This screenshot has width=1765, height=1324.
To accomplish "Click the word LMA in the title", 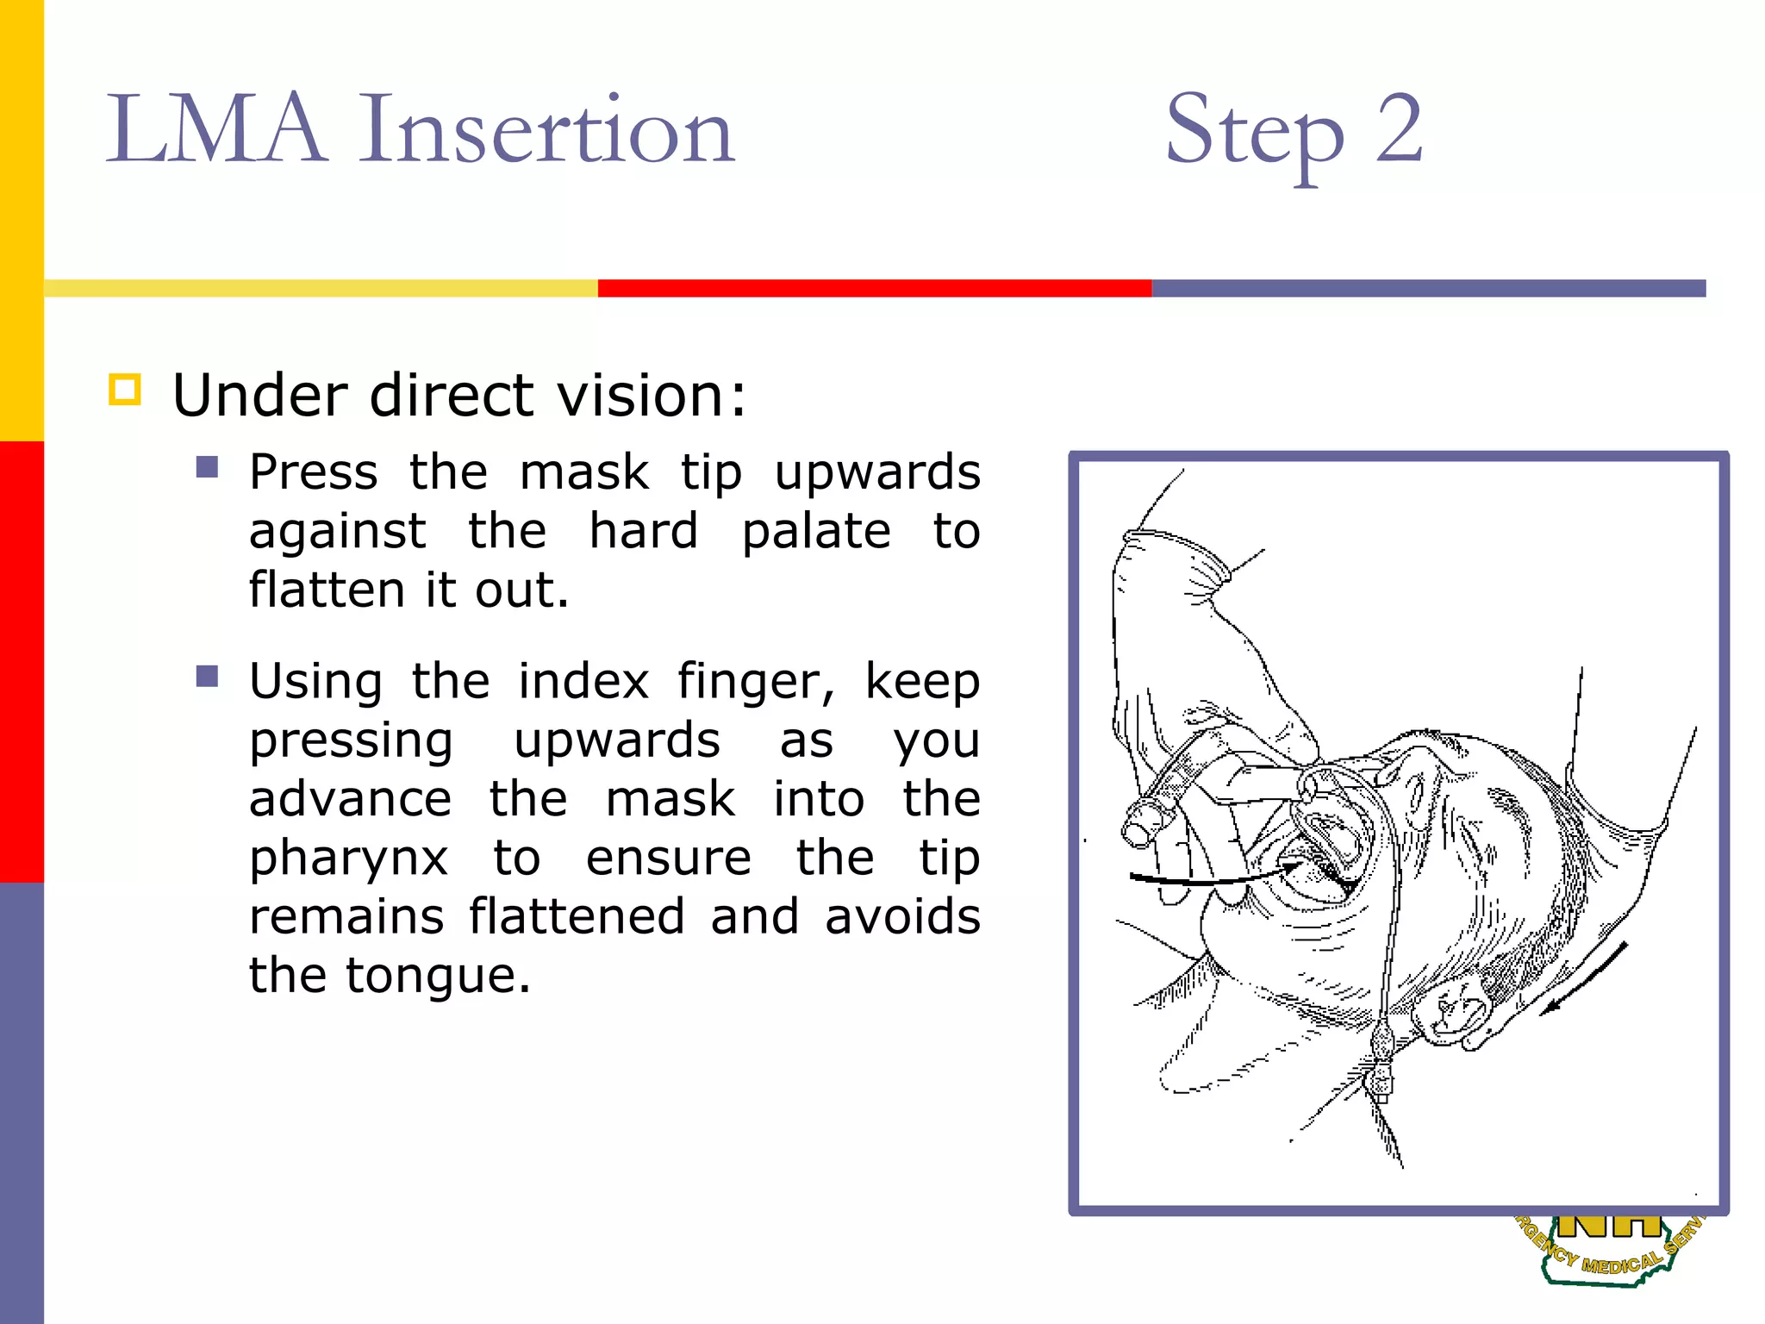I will click(x=215, y=129).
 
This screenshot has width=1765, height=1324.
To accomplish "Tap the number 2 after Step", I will click(x=1398, y=129).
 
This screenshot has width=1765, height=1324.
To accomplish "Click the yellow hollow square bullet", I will click(x=125, y=390).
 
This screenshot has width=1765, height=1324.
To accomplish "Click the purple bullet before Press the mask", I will click(x=207, y=467).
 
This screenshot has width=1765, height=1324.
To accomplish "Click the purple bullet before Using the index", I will click(x=207, y=676).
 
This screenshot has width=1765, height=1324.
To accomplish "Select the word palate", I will click(x=815, y=531).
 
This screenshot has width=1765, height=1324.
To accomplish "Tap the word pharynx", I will click(x=348, y=859).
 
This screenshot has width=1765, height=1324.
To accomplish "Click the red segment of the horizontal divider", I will click(x=874, y=288).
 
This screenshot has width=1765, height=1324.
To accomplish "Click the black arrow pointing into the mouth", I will click(x=1207, y=879).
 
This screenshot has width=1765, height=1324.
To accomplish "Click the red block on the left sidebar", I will click(x=22, y=661).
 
